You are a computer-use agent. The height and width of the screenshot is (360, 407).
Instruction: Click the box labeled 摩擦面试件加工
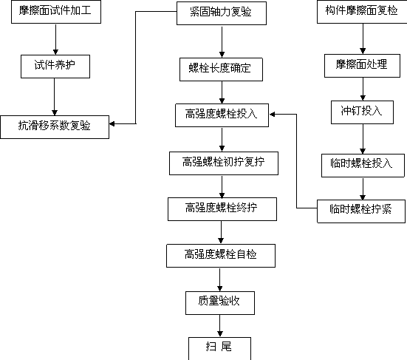coord(56,12)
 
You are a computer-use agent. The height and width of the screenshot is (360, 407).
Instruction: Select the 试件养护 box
coord(55,67)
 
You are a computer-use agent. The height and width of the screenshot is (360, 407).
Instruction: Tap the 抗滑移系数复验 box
coord(55,127)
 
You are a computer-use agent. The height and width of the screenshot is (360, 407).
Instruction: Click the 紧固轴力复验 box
coord(222,13)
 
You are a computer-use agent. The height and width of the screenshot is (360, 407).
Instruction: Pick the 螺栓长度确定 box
coord(221,69)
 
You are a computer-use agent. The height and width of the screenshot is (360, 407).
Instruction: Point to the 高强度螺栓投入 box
coord(222,115)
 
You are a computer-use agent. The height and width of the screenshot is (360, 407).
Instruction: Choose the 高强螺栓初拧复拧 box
coord(224,163)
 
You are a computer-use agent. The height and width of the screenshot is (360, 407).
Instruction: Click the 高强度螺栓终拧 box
coord(222,209)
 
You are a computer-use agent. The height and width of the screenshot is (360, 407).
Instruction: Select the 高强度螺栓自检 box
coord(221,256)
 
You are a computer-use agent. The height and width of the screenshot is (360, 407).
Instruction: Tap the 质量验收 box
coord(220,303)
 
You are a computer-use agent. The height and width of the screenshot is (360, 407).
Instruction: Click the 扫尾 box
coord(219,349)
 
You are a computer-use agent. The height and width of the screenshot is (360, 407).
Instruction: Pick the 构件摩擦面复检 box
coord(362,12)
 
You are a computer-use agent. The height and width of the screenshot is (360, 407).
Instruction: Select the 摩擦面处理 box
coord(362,66)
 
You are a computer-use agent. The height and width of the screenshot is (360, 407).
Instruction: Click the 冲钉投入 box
coord(362,112)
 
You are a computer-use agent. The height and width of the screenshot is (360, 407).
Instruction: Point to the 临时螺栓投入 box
coord(363,166)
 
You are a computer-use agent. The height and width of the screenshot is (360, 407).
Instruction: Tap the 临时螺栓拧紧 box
coord(361,211)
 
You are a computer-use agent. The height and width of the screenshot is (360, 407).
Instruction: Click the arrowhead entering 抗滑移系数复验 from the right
coord(112,124)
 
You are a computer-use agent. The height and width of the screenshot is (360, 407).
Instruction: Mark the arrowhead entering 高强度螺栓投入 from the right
coord(273,115)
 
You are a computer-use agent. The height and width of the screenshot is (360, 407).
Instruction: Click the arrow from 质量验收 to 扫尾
coord(220,326)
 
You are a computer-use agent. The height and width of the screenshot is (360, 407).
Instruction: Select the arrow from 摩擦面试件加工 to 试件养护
coord(55,39)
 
